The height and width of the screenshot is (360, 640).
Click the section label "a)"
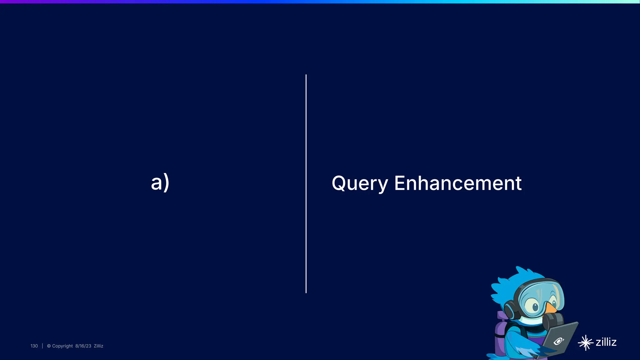pos(160,182)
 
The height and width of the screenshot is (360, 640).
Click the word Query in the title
pos(360,183)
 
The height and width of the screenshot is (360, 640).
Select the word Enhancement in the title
pos(458,183)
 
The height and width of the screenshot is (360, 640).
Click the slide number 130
pos(34,346)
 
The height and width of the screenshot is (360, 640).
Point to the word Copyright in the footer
pos(62,346)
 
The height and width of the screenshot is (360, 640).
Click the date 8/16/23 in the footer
pos(83,346)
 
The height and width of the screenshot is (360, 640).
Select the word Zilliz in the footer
pos(98,346)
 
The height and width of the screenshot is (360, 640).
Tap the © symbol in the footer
pos(49,346)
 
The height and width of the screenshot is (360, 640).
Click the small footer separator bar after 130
pos(42,346)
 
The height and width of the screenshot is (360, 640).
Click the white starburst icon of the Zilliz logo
pos(585,343)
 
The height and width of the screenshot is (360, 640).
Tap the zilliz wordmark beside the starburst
pos(606,342)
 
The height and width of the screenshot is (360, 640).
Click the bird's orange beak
pos(551,308)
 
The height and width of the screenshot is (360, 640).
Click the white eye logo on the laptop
pos(558,341)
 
